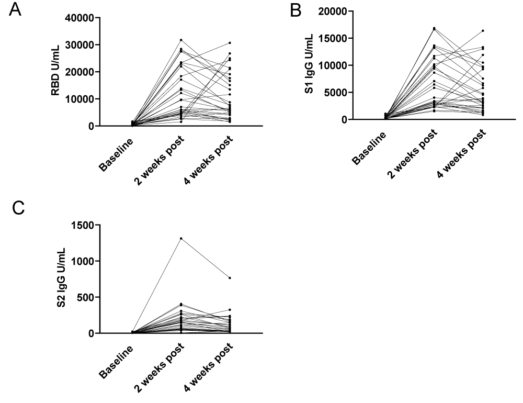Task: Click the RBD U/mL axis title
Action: [55, 71]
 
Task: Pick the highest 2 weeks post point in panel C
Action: [181, 238]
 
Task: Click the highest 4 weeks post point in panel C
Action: [230, 278]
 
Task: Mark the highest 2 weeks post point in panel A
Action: [181, 40]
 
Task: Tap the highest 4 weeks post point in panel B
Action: [483, 30]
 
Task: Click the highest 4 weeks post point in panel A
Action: [230, 42]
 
